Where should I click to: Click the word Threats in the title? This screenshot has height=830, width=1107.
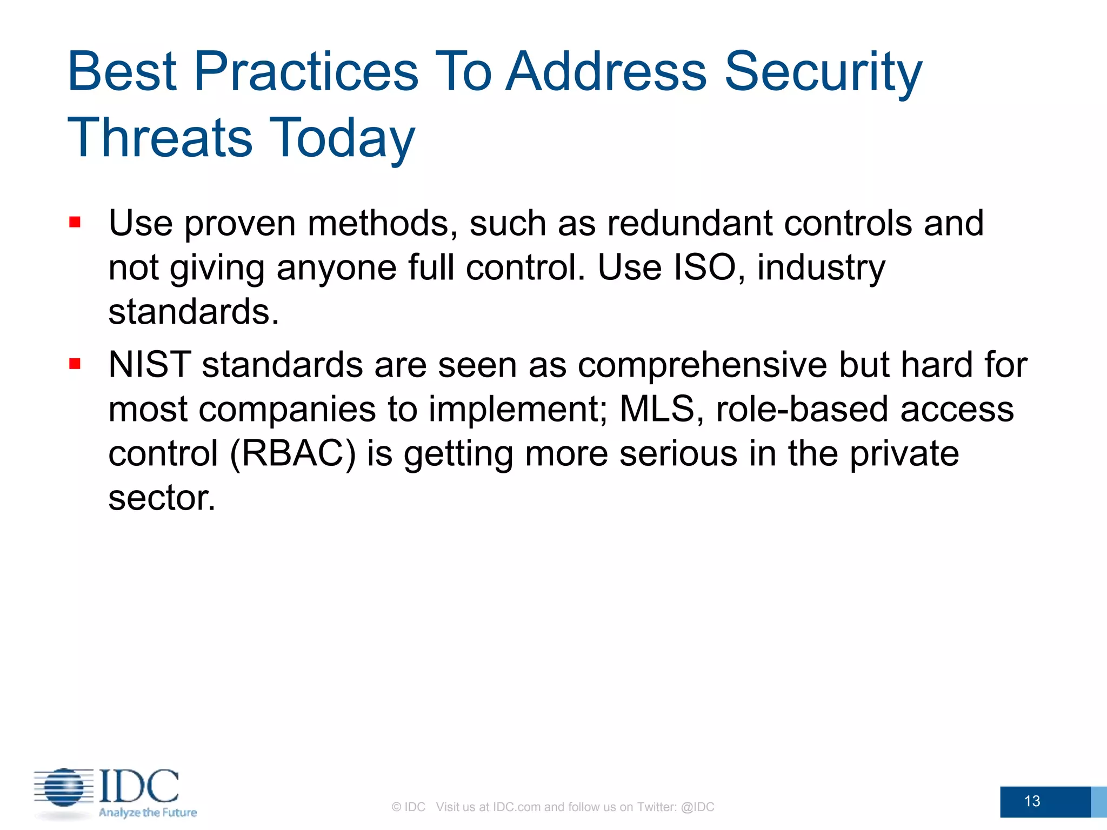160,138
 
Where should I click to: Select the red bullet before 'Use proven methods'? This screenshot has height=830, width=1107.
75,223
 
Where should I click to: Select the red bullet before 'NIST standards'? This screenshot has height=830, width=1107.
75,364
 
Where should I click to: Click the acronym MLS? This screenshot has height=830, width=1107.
656,409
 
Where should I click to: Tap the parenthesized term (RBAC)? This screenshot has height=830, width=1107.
293,453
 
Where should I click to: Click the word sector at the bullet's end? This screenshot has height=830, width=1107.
161,497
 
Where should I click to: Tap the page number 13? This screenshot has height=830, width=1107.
1032,801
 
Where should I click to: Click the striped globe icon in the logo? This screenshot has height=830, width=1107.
64,787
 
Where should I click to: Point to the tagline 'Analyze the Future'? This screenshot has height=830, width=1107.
148,812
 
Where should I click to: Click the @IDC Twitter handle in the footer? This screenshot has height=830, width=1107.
697,807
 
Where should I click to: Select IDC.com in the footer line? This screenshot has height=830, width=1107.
516,807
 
